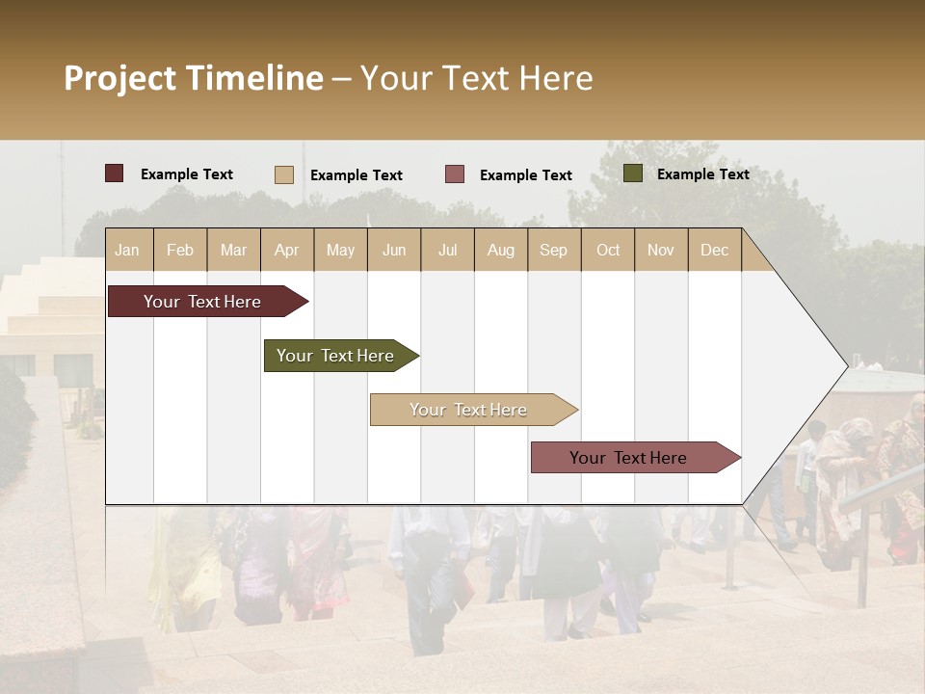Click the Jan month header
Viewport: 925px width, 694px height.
coord(128,250)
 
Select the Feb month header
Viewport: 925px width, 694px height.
coord(180,250)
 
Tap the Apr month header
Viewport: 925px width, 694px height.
coord(287,250)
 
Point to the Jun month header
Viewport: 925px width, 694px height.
coord(394,250)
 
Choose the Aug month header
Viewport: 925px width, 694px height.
coord(501,250)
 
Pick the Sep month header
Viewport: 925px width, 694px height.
coord(554,250)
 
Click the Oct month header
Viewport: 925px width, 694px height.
coord(608,250)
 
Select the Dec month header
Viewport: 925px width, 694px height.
coord(715,250)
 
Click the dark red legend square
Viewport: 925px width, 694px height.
coord(114,173)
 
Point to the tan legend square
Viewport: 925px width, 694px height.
coord(284,174)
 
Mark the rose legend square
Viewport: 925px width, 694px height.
coord(455,174)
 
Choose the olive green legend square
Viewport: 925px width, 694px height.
coord(633,173)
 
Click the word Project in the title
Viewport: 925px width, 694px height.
coord(120,78)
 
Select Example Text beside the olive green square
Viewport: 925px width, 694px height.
coord(702,174)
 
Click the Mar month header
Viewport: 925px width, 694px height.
coord(233,250)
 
